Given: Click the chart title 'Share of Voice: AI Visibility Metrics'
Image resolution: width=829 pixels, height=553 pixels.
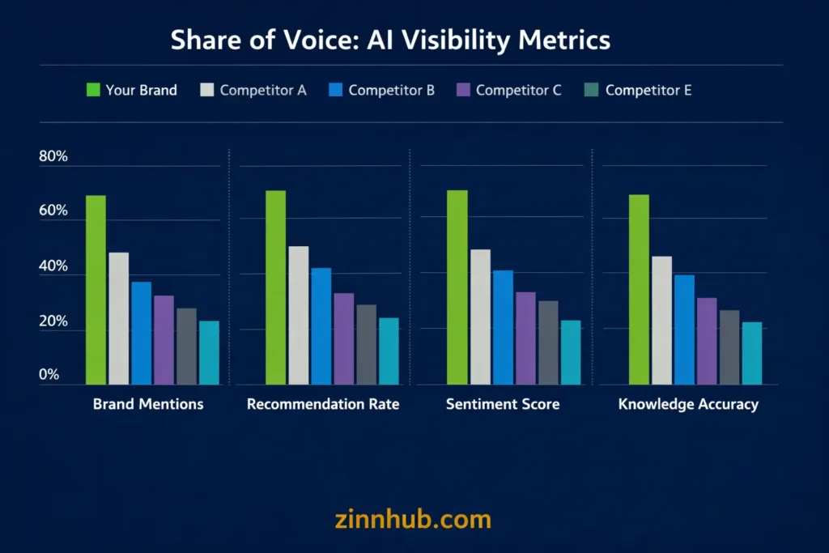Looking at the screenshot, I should (x=390, y=40).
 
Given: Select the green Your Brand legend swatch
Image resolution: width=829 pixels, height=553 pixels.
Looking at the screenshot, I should (x=92, y=90).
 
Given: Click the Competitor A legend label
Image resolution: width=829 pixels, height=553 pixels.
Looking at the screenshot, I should (x=262, y=90).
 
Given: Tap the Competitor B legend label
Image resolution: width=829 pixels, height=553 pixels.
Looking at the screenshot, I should (x=391, y=90).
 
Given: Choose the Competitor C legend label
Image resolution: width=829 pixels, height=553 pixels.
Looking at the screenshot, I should (x=518, y=90).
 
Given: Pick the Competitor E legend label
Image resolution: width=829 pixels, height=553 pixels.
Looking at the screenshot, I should (x=648, y=90).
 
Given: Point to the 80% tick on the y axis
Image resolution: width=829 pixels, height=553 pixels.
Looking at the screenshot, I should (x=53, y=157).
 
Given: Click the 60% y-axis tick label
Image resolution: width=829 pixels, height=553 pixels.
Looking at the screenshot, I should (x=53, y=211).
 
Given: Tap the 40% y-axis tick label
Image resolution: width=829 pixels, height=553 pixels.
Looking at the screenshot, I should (x=53, y=267).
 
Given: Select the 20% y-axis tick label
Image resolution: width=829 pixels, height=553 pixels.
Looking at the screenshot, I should (x=53, y=322).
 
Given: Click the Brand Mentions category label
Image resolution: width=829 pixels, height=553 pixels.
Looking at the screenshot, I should (x=148, y=404).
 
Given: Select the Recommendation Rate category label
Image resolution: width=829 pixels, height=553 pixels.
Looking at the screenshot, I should (x=323, y=404).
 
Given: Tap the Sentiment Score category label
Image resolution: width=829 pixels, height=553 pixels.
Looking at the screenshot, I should (x=502, y=404).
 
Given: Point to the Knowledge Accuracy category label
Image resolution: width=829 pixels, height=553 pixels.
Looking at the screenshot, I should (x=688, y=404).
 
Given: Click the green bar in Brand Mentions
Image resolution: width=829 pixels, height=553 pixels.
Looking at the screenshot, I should (x=96, y=290).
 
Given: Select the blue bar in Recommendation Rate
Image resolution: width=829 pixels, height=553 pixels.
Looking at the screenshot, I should (x=321, y=326).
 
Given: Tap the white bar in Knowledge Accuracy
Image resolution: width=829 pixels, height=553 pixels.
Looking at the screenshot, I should (x=661, y=321).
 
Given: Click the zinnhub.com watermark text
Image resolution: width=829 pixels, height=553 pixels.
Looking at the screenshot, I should (x=413, y=519).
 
